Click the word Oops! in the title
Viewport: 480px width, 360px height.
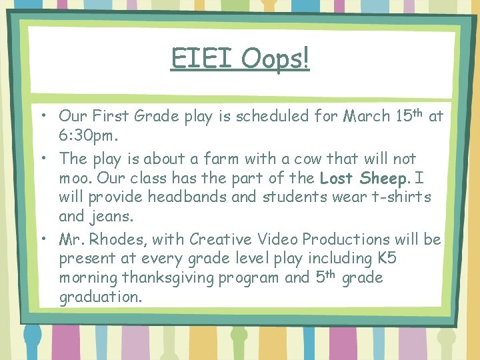(275, 59)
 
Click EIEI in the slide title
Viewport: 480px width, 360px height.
(202, 59)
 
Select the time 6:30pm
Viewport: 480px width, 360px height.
(88, 135)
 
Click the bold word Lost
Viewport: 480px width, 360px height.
(338, 179)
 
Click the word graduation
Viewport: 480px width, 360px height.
(100, 297)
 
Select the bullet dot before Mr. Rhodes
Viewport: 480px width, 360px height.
(41, 239)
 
